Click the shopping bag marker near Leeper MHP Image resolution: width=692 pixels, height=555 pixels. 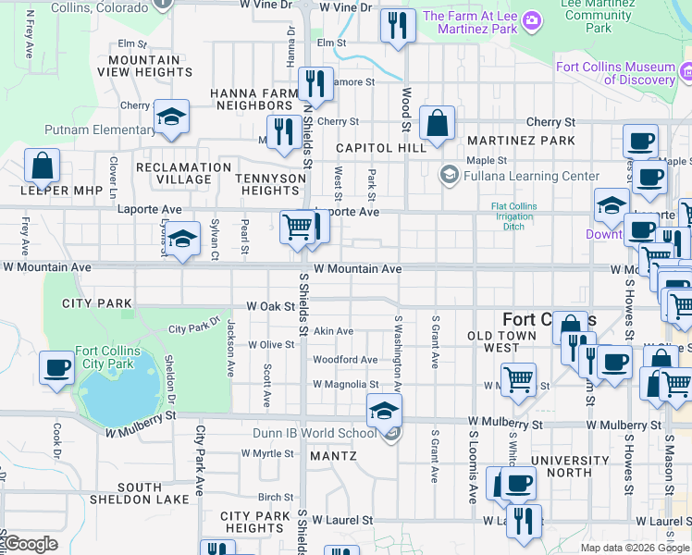(43, 167)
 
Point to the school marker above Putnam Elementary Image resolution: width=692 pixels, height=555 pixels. (171, 117)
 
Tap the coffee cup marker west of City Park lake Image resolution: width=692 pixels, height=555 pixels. (57, 367)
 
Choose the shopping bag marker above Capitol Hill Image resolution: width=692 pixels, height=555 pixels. (437, 123)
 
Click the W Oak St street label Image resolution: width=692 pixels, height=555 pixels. (269, 306)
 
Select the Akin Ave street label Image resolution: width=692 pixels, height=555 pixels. (333, 331)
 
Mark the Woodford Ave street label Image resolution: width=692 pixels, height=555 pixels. (345, 360)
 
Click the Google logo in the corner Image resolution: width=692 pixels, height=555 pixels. (31, 543)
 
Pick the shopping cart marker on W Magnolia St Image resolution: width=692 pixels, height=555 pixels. (519, 379)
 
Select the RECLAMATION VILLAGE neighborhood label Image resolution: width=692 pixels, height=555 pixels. (183, 174)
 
